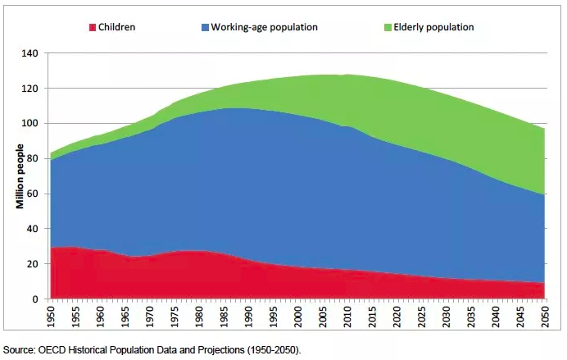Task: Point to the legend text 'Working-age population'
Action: pyautogui.click(x=264, y=27)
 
